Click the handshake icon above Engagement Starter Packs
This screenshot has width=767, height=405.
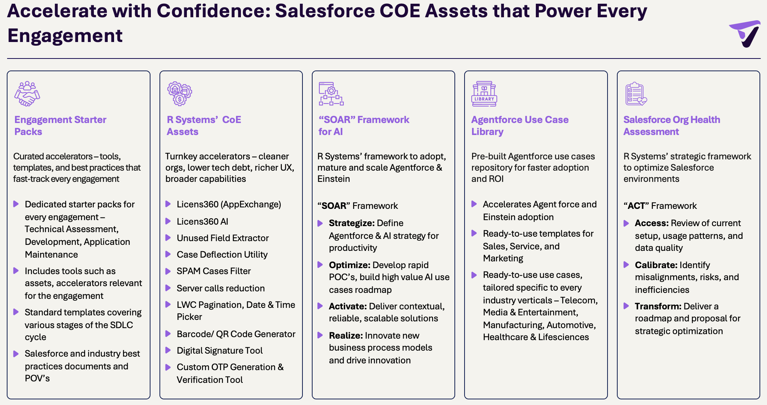click(27, 94)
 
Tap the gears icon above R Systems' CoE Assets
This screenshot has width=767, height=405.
click(180, 94)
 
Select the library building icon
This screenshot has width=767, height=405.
click(484, 94)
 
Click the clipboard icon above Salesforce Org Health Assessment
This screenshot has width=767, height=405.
click(636, 94)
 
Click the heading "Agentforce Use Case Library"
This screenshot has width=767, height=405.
click(520, 126)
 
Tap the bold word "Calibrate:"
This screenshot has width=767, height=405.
click(656, 265)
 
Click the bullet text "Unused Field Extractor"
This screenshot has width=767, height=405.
click(223, 238)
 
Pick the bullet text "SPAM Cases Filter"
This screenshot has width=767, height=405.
click(214, 271)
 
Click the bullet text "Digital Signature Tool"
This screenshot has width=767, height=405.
click(220, 351)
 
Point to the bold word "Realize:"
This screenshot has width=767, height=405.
click(346, 336)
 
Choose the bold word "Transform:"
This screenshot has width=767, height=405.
click(658, 306)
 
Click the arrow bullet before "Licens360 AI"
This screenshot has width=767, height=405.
click(168, 221)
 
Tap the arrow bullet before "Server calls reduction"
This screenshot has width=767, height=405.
click(168, 288)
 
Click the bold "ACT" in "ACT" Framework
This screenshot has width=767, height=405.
click(636, 206)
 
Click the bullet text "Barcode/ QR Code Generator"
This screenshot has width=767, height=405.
click(236, 334)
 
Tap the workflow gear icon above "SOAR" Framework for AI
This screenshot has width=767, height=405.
click(331, 94)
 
